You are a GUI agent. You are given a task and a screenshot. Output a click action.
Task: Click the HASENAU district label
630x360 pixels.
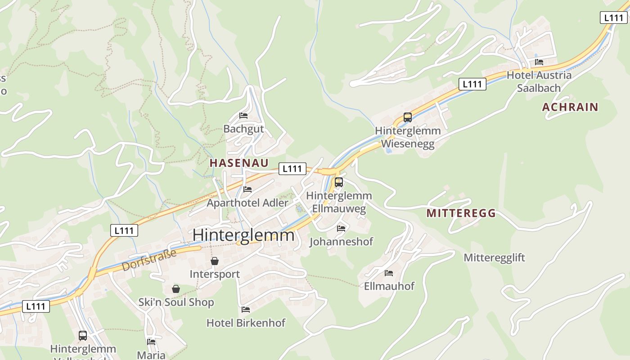(239, 163)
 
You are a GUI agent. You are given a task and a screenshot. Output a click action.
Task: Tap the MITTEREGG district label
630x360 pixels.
(461, 213)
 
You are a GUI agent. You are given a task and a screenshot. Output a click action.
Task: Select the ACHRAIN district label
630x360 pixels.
(570, 107)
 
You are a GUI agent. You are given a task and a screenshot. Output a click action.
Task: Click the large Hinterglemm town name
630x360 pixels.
(243, 235)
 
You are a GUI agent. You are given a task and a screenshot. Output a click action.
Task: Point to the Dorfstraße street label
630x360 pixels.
(148, 261)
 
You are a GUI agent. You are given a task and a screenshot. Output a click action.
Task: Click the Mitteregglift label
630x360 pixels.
(494, 258)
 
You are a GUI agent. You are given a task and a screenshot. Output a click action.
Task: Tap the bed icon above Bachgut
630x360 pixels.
(243, 116)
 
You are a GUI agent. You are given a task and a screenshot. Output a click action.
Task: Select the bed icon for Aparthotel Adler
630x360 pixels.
(247, 189)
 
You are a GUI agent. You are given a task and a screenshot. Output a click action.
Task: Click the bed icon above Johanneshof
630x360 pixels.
(341, 229)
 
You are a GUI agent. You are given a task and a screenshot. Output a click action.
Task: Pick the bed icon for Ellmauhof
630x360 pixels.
(389, 273)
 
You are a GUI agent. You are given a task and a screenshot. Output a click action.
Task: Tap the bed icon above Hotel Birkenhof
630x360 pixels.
(246, 310)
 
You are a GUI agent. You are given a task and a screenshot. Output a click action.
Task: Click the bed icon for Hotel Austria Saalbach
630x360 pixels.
(539, 62)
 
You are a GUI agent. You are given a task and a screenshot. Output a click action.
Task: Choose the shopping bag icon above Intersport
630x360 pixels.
(215, 261)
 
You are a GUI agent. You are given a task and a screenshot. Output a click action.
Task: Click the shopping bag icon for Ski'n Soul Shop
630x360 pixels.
(175, 289)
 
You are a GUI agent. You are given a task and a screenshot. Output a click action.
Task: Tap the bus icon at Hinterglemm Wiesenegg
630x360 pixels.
(408, 117)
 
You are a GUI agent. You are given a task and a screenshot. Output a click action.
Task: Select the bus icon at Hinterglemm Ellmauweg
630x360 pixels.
(339, 182)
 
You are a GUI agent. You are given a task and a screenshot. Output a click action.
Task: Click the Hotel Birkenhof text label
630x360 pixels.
(246, 323)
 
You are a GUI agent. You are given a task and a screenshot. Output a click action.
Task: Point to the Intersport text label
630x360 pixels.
(215, 274)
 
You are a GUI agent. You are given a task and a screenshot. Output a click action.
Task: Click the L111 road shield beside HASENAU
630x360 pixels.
(292, 169)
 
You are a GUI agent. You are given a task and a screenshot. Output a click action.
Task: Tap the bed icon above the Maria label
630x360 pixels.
(151, 342)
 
